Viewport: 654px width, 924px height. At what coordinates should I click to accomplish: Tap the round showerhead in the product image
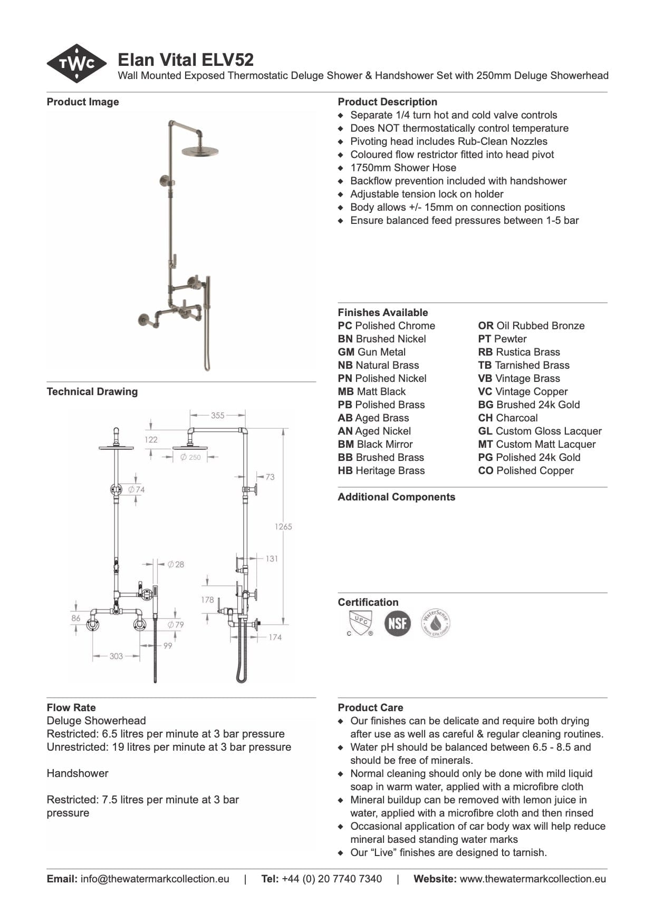coord(200,151)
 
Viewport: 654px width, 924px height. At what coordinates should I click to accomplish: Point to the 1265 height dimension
coord(283,526)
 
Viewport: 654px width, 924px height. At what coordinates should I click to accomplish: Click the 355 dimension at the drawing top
coord(218,415)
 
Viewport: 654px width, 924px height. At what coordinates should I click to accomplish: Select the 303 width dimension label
coord(116,656)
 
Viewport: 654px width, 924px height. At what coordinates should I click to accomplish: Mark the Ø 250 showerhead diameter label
coord(190,457)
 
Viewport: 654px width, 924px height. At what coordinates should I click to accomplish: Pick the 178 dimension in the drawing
coord(207,599)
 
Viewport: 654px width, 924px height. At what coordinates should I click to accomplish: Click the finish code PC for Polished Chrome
coord(345,326)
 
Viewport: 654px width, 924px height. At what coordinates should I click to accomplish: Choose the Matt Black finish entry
coord(372,391)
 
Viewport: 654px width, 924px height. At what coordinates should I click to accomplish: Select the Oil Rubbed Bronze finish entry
coord(531,326)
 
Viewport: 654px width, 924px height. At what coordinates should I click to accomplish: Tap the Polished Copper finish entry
coord(526,470)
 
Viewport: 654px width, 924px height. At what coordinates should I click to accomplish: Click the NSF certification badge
coord(397,623)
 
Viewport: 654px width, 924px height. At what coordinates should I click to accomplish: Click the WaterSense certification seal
coord(436,623)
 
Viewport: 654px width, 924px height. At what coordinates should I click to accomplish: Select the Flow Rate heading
coord(71,707)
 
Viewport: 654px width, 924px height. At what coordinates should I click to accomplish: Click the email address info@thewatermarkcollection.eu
coord(155,879)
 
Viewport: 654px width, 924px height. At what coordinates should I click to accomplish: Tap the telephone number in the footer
coord(332,879)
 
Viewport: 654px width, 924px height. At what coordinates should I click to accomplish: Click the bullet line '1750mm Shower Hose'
coord(403,168)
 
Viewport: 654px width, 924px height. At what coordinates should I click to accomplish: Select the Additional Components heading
coord(397,497)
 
